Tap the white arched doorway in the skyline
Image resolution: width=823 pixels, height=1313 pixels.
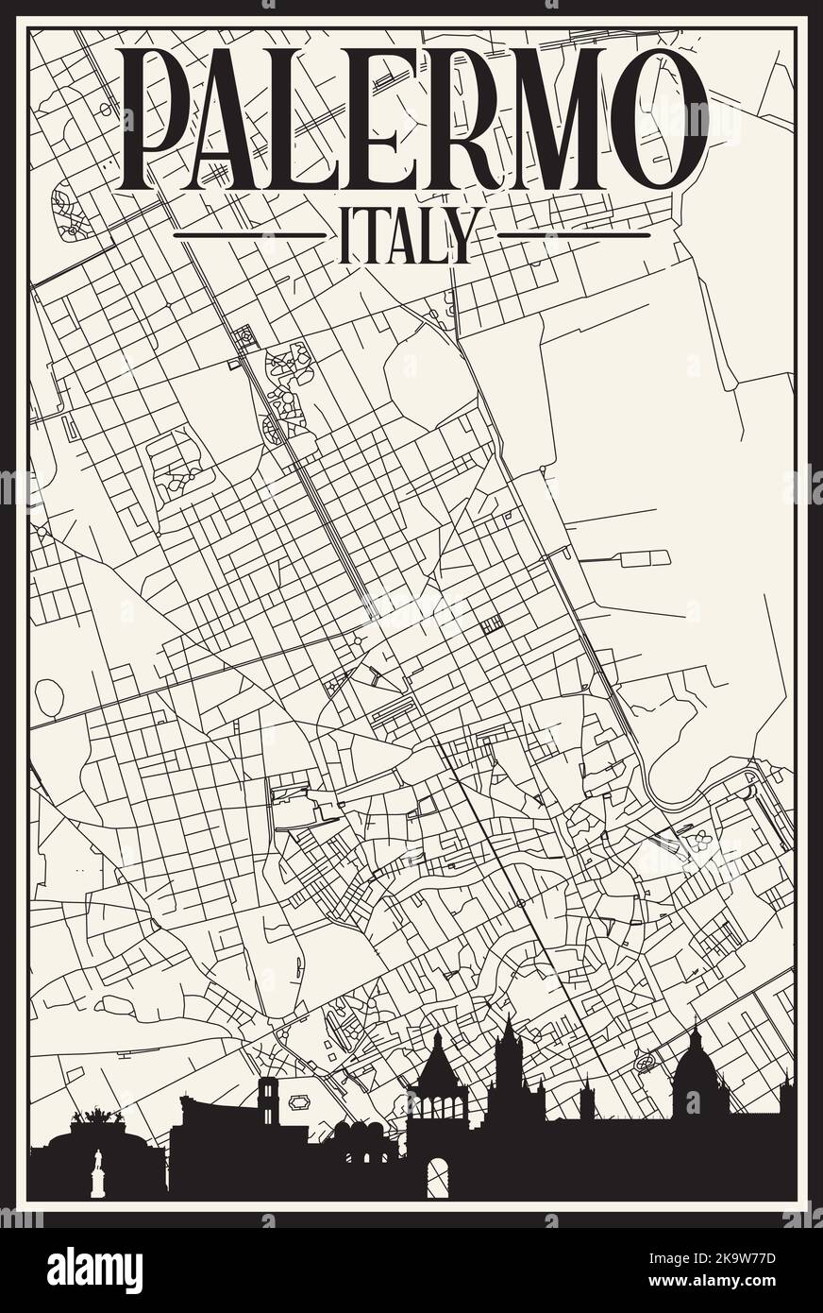437,1177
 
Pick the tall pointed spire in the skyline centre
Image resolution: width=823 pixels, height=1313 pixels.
509,1049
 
